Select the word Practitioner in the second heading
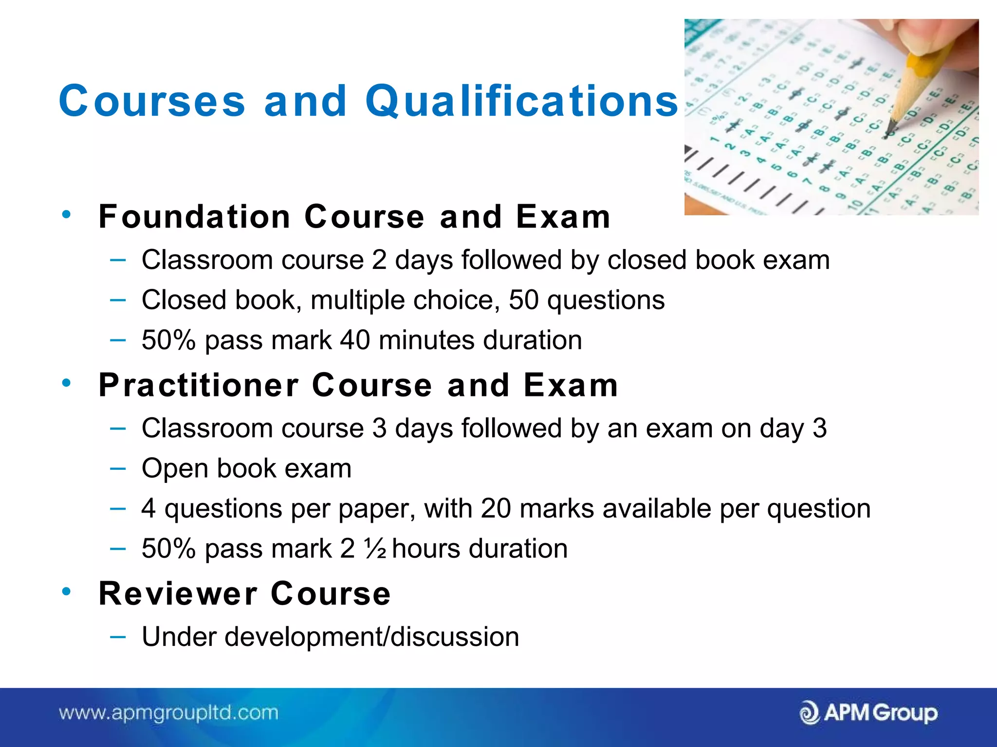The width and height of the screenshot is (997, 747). point(199,385)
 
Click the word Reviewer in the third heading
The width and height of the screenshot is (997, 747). point(178,594)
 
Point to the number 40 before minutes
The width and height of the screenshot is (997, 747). point(355,340)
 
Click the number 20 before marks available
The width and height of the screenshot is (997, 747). point(496,509)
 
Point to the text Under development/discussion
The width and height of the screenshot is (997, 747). point(330,637)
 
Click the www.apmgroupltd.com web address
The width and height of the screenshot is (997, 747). point(168,713)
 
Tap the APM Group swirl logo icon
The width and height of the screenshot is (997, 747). point(809,713)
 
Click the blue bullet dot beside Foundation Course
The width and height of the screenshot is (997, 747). point(67,214)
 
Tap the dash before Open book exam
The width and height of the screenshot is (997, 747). point(118,469)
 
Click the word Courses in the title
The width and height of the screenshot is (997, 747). point(152,101)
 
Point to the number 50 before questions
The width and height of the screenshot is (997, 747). point(523,300)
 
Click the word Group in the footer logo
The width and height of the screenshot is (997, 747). point(905,713)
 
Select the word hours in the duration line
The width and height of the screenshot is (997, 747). point(426,549)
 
